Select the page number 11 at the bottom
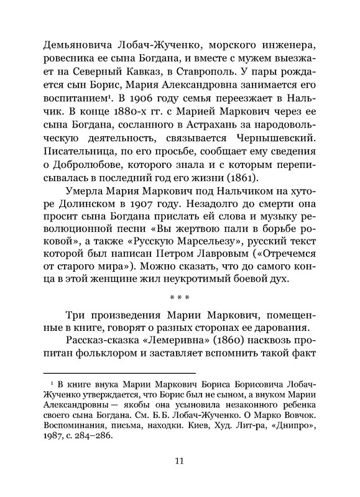tap(179, 478)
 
